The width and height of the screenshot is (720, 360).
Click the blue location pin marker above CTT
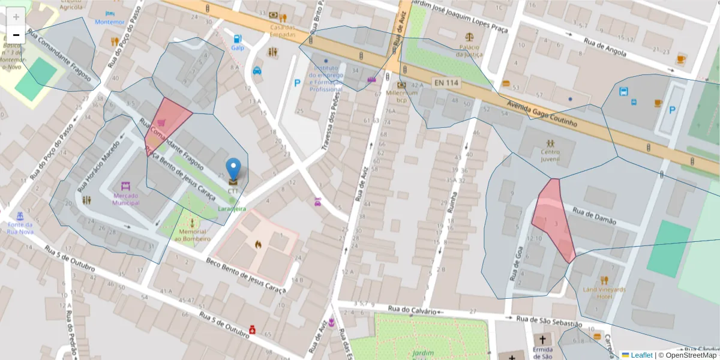coord(234,169)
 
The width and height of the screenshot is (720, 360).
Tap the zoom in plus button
coord(16,17)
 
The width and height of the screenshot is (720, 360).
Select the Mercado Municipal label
coord(125,199)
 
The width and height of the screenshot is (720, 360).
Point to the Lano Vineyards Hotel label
coord(604,292)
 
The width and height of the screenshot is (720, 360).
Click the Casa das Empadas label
coord(282,31)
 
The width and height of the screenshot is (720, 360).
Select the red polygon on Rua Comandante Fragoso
coord(165,122)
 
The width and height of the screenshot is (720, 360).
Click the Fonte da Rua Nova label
coord(20,227)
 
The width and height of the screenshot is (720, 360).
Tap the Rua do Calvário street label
coord(410,309)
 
